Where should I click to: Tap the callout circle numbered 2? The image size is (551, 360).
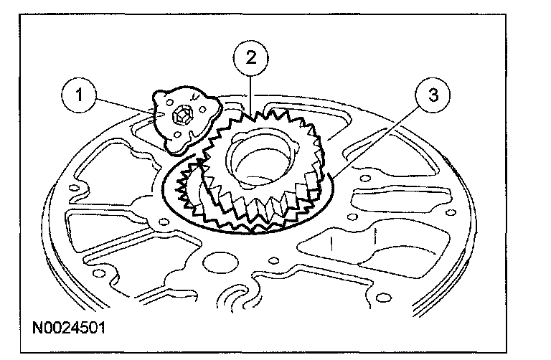pos(250,57)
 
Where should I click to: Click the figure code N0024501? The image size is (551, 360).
pos(69,331)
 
